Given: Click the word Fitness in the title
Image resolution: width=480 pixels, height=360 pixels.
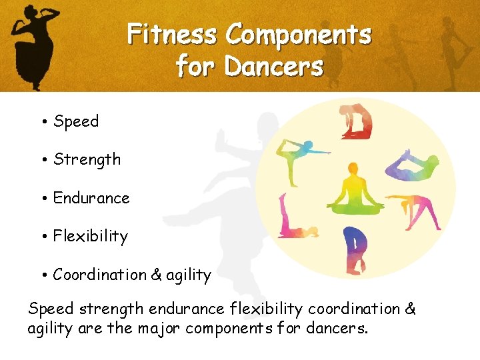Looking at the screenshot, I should [171, 34].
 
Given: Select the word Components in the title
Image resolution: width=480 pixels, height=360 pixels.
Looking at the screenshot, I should [297, 34].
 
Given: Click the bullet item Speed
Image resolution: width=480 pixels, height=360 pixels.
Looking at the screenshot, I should [76, 121].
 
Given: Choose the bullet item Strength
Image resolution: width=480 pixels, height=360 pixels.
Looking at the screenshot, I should [87, 159].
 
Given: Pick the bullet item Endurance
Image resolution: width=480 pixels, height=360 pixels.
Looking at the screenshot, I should [91, 198].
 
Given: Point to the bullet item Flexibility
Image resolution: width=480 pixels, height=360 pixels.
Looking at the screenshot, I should [90, 236].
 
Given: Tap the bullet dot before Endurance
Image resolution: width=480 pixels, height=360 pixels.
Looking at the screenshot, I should [42, 199].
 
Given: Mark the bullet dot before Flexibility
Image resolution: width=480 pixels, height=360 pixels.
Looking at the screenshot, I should [42, 237].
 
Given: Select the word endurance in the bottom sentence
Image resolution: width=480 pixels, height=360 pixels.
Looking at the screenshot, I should [185, 309].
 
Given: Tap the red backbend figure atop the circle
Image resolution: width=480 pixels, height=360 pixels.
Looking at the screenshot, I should [356, 121].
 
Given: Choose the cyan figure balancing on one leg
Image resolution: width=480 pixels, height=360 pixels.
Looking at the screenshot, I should [301, 157].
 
